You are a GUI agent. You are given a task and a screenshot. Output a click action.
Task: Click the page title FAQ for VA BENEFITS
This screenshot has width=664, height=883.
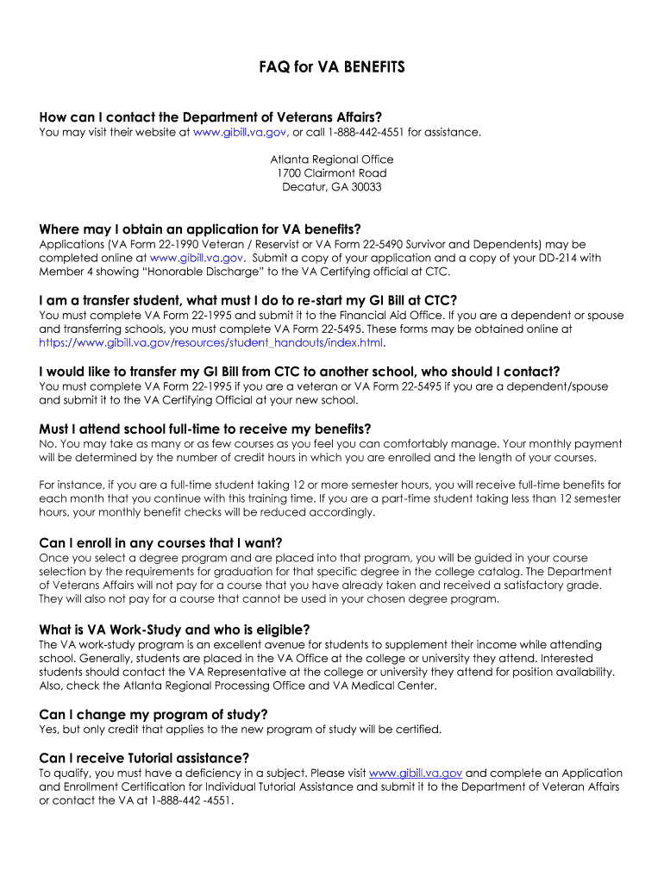pyautogui.click(x=332, y=67)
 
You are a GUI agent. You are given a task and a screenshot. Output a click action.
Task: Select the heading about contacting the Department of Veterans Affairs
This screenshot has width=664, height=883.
pyautogui.click(x=210, y=117)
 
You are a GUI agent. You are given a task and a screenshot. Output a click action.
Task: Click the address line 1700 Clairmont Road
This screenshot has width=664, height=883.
pyautogui.click(x=332, y=173)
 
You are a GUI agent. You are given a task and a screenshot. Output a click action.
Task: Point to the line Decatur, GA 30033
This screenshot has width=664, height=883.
pyautogui.click(x=332, y=187)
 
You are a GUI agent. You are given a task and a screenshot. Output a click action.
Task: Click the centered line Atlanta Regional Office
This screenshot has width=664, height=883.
pyautogui.click(x=332, y=160)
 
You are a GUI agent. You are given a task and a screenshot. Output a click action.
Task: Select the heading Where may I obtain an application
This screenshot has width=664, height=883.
pyautogui.click(x=200, y=229)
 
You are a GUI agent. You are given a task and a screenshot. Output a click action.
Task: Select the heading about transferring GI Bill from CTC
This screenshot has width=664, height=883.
pyautogui.click(x=299, y=372)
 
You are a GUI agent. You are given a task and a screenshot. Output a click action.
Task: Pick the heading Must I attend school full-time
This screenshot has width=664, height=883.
pyautogui.click(x=205, y=429)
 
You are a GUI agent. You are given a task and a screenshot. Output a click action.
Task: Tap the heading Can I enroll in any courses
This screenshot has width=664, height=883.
pyautogui.click(x=160, y=542)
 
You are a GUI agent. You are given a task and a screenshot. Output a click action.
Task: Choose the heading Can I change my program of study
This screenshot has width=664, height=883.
pyautogui.click(x=153, y=714)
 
